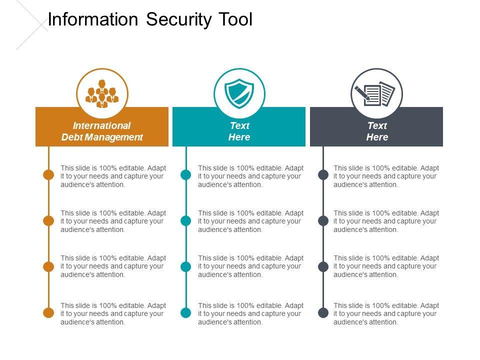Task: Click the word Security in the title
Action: coord(179,20)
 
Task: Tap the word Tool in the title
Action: coord(236,20)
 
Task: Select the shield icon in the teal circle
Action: coord(239,93)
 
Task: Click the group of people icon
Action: coord(102,93)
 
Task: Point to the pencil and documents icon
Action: coord(376,93)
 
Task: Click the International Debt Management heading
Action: coord(102,131)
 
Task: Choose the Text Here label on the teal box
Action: coord(239,131)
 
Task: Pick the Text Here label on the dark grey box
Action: coord(377,131)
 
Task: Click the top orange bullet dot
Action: coord(48,175)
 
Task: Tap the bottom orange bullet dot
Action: coord(48,313)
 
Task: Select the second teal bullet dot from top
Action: coord(186,220)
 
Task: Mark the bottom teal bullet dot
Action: coord(186,313)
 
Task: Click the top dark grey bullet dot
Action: coord(323,175)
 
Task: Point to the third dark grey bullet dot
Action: coord(323,266)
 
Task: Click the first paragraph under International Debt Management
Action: coord(113,176)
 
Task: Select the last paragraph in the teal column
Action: coord(251,313)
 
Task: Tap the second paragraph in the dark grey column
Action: coord(386,221)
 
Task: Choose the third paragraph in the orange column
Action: coord(113,266)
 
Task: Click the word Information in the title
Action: coord(92,20)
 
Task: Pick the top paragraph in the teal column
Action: coord(251,176)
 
